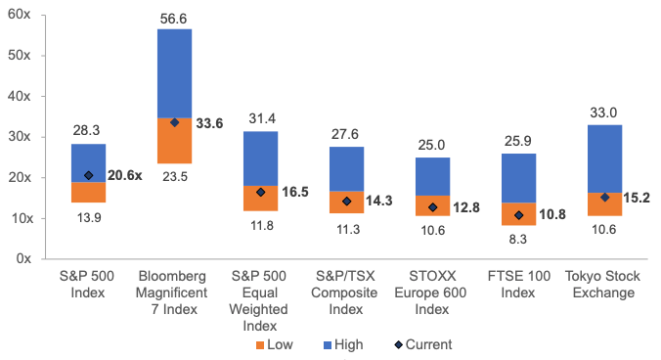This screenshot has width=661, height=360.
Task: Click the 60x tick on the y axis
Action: (19, 15)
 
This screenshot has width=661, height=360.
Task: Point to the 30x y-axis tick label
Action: (19, 137)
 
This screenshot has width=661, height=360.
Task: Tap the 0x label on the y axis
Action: (23, 258)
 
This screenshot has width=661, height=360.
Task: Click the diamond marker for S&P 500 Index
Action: (89, 175)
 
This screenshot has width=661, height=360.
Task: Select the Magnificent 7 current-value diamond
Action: (174, 122)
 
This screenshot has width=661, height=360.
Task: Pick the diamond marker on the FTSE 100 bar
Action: (519, 215)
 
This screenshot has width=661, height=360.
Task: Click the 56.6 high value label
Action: (173, 19)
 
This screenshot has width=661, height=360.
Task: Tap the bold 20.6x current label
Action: (125, 175)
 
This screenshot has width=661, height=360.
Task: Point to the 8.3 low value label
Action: (517, 239)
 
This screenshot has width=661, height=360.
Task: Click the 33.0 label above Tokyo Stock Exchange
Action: (603, 112)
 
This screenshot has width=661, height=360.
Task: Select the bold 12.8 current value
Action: (466, 207)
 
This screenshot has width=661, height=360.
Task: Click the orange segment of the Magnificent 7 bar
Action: (174, 140)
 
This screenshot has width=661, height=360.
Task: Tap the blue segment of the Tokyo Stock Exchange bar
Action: (605, 158)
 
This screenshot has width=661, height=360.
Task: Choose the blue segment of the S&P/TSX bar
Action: (346, 169)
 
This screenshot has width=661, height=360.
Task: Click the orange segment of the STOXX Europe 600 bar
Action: (432, 205)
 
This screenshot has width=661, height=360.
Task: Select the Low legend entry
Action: (275, 344)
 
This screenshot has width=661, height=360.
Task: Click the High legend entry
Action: (343, 344)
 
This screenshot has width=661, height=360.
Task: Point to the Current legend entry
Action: (423, 344)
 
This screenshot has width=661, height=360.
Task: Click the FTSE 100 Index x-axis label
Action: (519, 284)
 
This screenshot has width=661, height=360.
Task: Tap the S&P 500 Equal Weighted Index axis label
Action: (259, 300)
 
